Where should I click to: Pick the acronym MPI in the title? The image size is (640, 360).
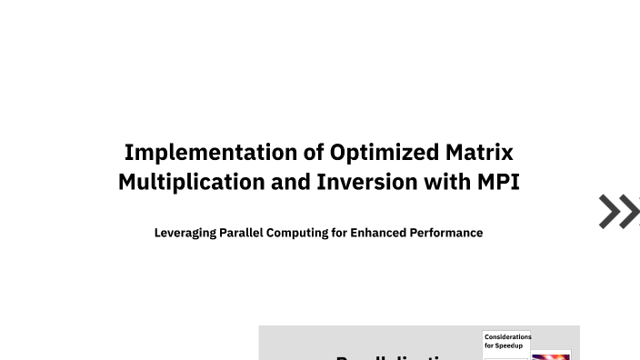pyautogui.click(x=498, y=182)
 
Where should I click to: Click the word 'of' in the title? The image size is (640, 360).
pyautogui.click(x=314, y=152)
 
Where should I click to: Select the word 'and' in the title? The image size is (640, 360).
pyautogui.click(x=291, y=182)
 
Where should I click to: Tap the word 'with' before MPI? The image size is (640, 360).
pyautogui.click(x=447, y=182)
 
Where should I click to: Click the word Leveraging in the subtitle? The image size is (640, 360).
pyautogui.click(x=185, y=233)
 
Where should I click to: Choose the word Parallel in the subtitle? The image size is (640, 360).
pyautogui.click(x=241, y=233)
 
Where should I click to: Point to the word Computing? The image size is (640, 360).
pyautogui.click(x=296, y=233)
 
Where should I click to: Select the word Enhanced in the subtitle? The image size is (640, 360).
pyautogui.click(x=377, y=233)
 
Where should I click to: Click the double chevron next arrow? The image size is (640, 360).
pyautogui.click(x=619, y=212)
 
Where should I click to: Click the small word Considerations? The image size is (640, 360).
pyautogui.click(x=507, y=337)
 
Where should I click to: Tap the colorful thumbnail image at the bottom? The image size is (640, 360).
pyautogui.click(x=551, y=355)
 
